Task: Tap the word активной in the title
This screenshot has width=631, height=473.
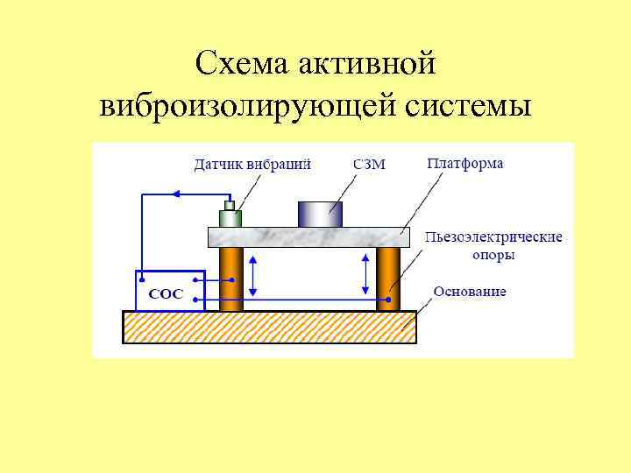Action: [x=367, y=64]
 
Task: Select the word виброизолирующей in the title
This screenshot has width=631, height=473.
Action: [x=248, y=106]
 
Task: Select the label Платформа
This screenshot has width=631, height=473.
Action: [x=465, y=164]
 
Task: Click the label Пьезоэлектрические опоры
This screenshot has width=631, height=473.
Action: [x=493, y=245]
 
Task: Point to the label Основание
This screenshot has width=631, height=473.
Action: [x=470, y=291]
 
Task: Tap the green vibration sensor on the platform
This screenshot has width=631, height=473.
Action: [x=230, y=216]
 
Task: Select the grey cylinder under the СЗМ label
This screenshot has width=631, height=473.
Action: [x=320, y=214]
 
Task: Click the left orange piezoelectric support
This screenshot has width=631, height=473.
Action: [x=230, y=279]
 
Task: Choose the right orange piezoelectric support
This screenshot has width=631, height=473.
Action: [x=388, y=279]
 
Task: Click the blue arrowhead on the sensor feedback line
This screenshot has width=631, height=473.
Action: [x=175, y=194]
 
